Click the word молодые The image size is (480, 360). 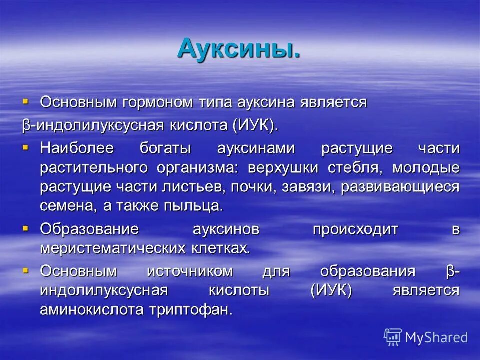(425, 168)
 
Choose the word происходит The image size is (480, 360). (355, 229)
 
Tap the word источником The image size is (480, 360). (190, 271)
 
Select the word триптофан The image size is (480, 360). (191, 310)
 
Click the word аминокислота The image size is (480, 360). (92, 310)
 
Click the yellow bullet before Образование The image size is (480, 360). (26, 228)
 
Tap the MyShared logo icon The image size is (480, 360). (393, 336)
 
